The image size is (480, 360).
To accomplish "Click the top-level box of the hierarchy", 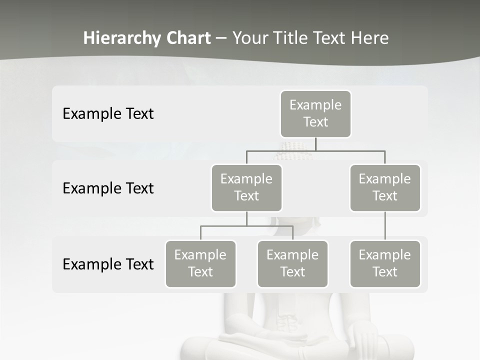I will coord(315,114).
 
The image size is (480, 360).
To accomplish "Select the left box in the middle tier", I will coord(246,188).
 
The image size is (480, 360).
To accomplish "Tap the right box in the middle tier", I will coord(385,188).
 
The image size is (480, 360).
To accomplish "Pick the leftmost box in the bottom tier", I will coord(200,264).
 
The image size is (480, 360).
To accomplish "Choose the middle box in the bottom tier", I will coord(292,264).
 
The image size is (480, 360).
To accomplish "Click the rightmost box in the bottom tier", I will coord(385,264).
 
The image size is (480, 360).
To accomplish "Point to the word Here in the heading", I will coord(370,38).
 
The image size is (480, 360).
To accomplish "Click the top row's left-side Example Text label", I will coord(108,114).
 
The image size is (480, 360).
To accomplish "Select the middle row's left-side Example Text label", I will coord(108,188).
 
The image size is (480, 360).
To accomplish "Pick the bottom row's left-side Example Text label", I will coord(108,264).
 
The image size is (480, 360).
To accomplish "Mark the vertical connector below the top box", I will coord(315,144).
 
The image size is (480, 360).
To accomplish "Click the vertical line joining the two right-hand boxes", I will coord(385,226).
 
